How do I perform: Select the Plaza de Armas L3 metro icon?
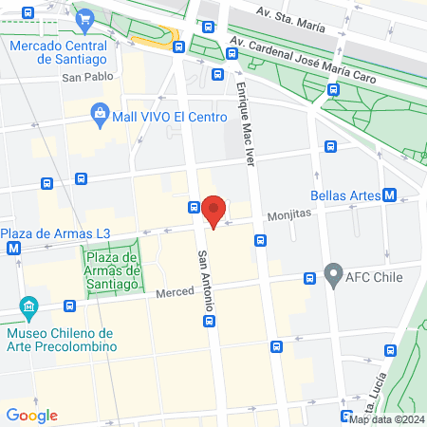point(13,249)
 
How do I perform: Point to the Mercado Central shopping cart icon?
point(85,18)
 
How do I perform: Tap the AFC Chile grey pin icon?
point(332,276)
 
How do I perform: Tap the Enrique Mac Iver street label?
point(246,124)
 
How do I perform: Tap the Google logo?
point(32,415)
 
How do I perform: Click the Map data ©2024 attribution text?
point(386,419)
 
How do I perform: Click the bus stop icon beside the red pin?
point(194,207)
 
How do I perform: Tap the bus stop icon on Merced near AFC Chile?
point(309,278)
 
